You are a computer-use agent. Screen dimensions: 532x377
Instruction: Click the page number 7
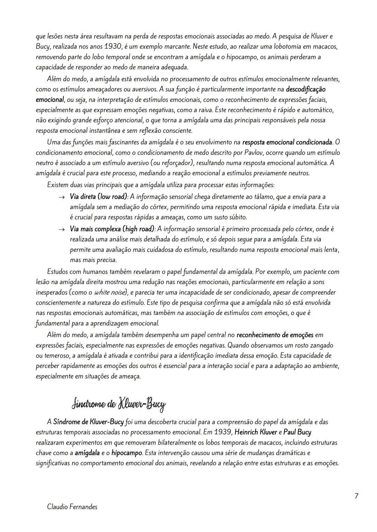pos(356,496)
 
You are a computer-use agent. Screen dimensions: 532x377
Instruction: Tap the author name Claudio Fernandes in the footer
pos(72,507)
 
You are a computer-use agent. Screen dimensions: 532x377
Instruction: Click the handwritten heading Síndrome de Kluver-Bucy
pos(119,404)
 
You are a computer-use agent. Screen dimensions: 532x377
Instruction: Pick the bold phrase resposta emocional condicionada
pos(287,142)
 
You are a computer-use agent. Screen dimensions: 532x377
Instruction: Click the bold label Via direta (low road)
pos(99,197)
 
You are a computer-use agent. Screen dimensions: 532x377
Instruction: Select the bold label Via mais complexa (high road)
pos(112,229)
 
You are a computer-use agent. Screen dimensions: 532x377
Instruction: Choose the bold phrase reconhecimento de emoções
pos(275,335)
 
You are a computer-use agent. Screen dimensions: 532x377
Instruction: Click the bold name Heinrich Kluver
pos(256,432)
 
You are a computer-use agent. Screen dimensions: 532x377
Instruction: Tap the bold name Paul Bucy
pos(297,432)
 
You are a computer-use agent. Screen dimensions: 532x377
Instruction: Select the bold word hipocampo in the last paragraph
pos(127,453)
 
